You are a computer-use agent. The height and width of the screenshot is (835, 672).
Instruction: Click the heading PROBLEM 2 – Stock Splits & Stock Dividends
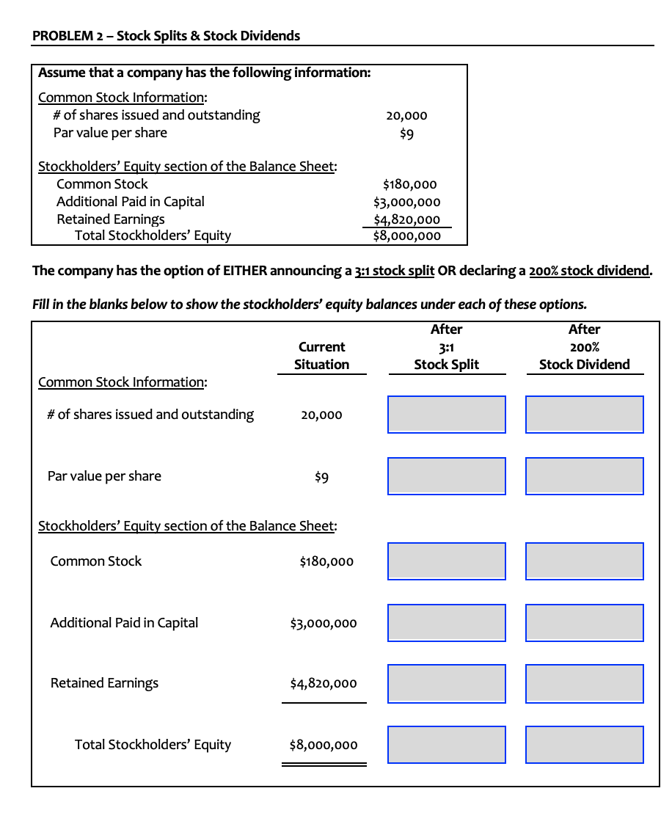click(x=167, y=36)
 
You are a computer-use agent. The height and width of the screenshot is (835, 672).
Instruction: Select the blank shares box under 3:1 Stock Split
click(x=446, y=415)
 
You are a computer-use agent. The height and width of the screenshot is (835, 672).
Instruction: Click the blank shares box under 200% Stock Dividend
click(x=584, y=415)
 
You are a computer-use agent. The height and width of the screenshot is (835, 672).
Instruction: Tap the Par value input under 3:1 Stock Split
click(x=446, y=476)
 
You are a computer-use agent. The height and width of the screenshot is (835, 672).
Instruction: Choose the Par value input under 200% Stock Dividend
click(x=584, y=476)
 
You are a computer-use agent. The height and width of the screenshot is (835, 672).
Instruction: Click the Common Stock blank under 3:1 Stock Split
click(x=446, y=561)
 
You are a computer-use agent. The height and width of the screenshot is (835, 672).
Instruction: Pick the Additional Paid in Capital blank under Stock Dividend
click(x=584, y=623)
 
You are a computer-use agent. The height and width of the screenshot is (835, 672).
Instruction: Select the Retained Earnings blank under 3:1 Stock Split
click(x=446, y=684)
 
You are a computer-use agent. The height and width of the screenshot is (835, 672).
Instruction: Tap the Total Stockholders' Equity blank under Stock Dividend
click(x=584, y=745)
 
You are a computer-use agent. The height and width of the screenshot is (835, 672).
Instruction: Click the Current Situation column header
click(x=321, y=355)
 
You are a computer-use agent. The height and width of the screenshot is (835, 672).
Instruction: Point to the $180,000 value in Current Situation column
click(x=326, y=562)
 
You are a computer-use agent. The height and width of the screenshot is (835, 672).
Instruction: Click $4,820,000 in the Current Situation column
click(x=324, y=684)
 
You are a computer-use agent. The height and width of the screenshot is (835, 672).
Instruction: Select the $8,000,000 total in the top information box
click(x=406, y=236)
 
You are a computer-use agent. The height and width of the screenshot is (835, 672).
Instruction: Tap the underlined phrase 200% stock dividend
click(x=589, y=271)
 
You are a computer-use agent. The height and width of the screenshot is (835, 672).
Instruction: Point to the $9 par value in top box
click(x=406, y=134)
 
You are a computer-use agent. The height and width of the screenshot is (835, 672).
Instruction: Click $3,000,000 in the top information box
click(x=406, y=202)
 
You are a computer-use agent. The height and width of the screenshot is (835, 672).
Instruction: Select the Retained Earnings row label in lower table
click(x=104, y=683)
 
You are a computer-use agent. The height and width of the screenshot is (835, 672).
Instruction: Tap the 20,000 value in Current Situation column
click(x=321, y=415)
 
